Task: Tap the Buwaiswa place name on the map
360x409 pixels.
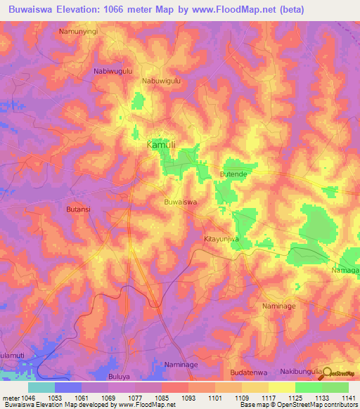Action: click(179, 202)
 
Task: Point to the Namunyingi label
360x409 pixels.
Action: click(79, 32)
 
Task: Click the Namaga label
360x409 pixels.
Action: click(345, 270)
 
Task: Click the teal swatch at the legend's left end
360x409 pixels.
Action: click(41, 387)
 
